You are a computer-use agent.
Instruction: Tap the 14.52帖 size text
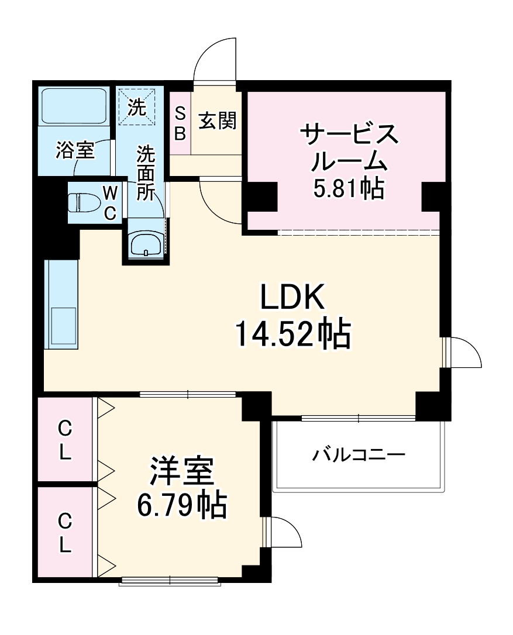tap(292, 334)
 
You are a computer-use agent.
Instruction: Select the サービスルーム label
tap(349, 146)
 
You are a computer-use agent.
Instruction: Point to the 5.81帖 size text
tap(349, 188)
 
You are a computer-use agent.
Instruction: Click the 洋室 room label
tap(181, 471)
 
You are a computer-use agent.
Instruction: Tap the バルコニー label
tap(358, 454)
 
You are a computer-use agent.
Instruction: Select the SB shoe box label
tap(180, 123)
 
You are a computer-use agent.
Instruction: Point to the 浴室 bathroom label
tap(74, 150)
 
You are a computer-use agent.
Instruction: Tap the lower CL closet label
tap(64, 532)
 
